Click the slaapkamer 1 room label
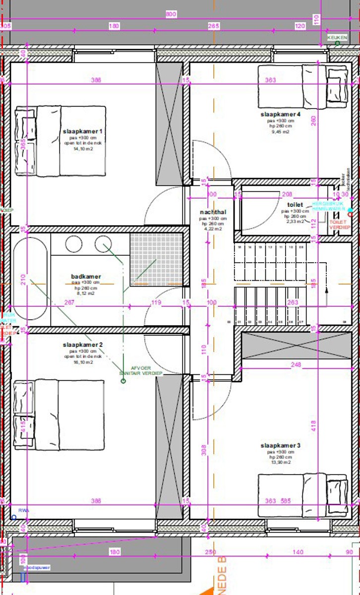[82, 131]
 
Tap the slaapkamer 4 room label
[281, 115]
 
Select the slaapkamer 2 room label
[82, 345]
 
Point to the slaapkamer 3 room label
[281, 446]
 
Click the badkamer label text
[86, 277]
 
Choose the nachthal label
[213, 212]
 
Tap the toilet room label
[295, 204]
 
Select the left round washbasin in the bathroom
[74, 243]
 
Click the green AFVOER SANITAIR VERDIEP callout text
[141, 371]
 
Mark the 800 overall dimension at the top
[171, 14]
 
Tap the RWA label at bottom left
[23, 510]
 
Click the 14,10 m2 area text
[83, 149]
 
